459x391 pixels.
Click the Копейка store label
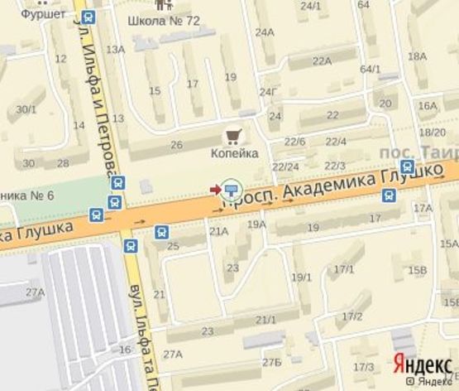click(234, 153)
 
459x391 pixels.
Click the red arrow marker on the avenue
click(215, 191)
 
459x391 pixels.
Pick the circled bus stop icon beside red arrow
click(231, 191)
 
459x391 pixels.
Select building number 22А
click(321, 60)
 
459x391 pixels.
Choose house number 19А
click(256, 224)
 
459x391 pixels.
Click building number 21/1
click(266, 320)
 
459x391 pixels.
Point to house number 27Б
click(272, 362)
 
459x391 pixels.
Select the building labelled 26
click(176, 145)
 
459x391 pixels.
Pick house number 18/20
click(432, 132)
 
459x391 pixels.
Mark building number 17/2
click(352, 316)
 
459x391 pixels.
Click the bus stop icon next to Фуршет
click(88, 15)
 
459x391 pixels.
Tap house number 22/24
click(285, 167)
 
